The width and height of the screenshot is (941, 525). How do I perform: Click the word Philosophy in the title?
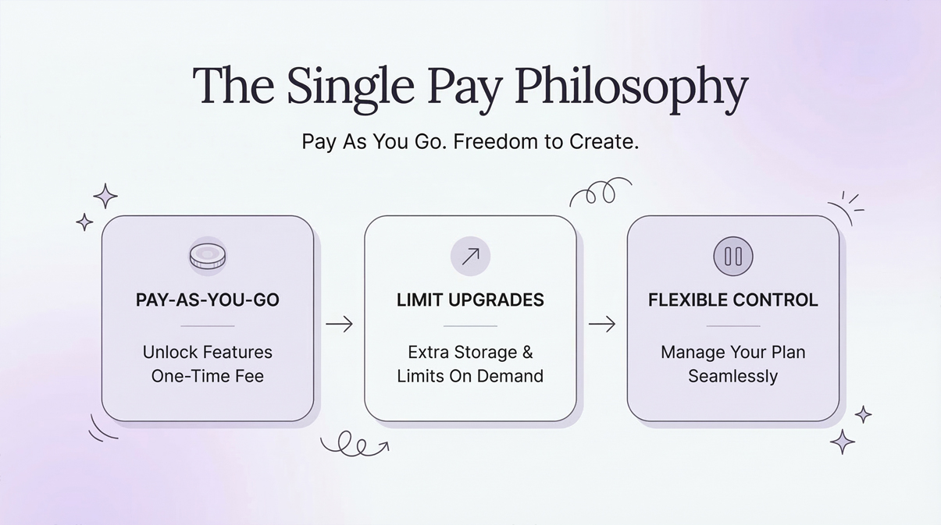tap(634, 87)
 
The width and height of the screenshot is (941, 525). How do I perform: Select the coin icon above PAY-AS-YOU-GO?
tap(208, 255)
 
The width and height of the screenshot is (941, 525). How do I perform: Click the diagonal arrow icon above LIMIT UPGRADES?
tap(470, 255)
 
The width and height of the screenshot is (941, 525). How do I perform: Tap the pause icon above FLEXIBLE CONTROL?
tap(733, 255)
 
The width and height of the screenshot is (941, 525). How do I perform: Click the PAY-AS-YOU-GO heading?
tap(208, 300)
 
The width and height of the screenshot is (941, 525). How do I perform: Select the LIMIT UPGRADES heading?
tap(470, 300)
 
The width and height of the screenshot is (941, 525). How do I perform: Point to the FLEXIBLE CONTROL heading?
tap(733, 300)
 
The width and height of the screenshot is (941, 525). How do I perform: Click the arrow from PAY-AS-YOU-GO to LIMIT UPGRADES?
tap(339, 324)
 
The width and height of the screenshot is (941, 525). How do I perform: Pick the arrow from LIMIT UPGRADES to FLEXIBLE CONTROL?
tap(601, 324)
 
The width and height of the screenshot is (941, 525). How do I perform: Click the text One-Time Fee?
tap(208, 376)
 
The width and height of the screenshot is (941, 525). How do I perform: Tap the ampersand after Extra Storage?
tap(527, 353)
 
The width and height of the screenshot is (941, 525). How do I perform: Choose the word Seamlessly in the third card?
tap(733, 376)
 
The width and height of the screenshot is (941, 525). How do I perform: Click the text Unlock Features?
tap(208, 353)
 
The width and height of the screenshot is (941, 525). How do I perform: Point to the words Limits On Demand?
tap(470, 376)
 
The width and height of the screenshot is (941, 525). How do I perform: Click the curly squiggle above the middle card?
tap(600, 192)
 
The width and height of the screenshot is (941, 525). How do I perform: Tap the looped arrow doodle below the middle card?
tap(354, 444)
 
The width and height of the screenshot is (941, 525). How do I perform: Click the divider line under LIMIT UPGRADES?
tap(470, 325)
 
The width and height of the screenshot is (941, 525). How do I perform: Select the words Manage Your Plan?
tap(733, 353)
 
